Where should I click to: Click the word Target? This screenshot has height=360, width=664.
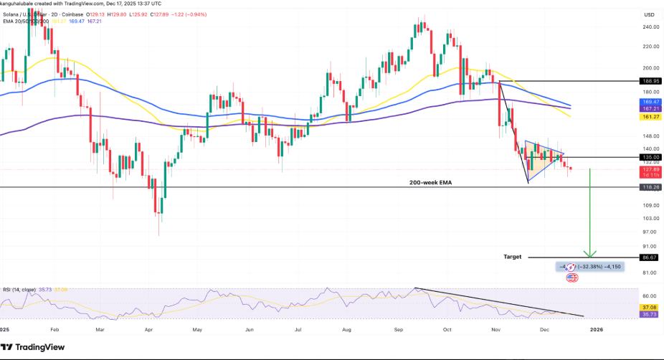(513, 256)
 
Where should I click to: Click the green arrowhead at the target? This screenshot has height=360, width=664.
(589, 253)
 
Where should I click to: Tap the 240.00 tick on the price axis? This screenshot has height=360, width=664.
(651, 27)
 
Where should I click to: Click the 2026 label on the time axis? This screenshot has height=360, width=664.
(596, 329)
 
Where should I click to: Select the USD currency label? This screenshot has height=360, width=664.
(650, 14)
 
